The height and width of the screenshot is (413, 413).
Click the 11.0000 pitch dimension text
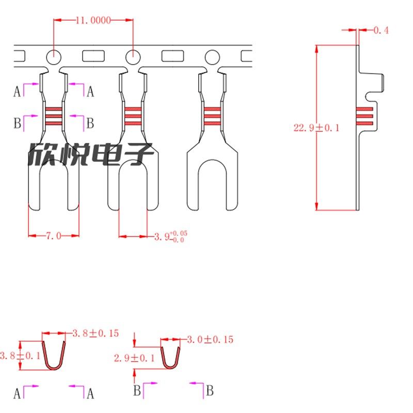pos(93,21)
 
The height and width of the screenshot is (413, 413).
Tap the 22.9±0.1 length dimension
pos(316,128)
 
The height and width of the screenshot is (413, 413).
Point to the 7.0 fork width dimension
pos(54,236)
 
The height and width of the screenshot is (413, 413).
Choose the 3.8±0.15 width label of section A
pos(96,333)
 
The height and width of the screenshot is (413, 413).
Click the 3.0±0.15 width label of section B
pos(211,339)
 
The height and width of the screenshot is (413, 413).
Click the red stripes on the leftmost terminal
pos(53,117)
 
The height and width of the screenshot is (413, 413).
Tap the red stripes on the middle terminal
pos(133,117)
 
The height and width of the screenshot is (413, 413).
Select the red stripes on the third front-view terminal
pos(212,117)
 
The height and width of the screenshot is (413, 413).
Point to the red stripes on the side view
pos(364,117)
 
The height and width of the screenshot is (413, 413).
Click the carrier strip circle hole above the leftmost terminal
pos(53,56)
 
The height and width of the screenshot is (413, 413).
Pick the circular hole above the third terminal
pos(212,56)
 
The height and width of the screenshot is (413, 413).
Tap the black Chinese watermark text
pos(90,154)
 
